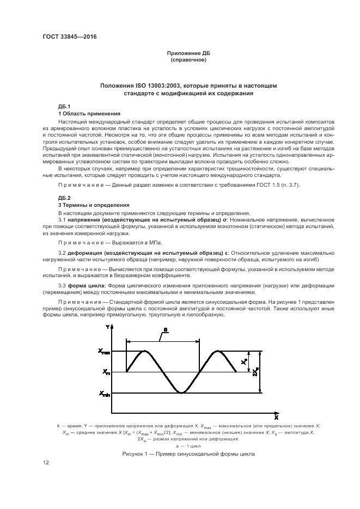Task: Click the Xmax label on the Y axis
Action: (103, 352)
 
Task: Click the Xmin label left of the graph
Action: (104, 393)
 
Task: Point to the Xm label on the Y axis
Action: (105, 372)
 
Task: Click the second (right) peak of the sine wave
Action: (218, 352)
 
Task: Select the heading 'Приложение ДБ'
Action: (188, 53)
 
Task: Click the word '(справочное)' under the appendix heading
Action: (188, 59)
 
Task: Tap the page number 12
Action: (46, 463)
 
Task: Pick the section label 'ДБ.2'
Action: (64, 197)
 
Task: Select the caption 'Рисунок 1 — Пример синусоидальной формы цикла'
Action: (188, 453)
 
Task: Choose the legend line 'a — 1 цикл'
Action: (188, 445)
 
